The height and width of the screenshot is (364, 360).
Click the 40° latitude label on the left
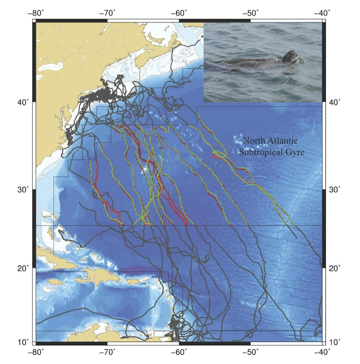[24, 102]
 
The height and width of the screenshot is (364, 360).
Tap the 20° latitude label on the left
[24, 268]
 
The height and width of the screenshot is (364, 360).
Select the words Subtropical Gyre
[272, 152]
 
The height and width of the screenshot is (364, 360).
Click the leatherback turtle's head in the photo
[291, 57]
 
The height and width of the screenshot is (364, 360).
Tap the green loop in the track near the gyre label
[220, 155]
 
